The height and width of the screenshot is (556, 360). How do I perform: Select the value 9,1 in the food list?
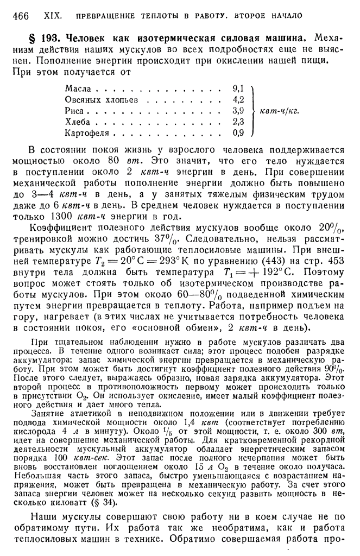pos(238,88)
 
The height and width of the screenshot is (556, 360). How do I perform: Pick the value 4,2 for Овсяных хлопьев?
pos(238,99)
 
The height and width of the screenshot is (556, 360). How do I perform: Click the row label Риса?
pos(74,110)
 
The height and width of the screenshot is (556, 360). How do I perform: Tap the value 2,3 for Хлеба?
pos(238,121)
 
